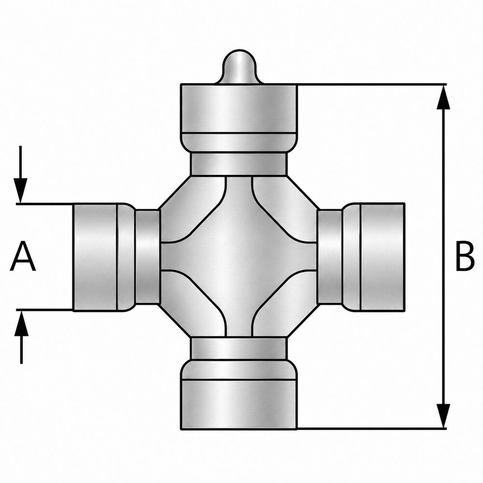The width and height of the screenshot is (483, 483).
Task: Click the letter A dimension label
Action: (x=23, y=256)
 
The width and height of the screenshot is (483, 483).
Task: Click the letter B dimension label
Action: (x=464, y=256)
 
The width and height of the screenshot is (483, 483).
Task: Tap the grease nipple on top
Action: (x=240, y=67)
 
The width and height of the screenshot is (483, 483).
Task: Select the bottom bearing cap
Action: (x=239, y=394)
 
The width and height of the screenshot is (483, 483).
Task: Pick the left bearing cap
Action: (x=104, y=257)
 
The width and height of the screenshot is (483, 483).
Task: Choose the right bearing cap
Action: (x=373, y=257)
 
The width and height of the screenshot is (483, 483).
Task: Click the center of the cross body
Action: (x=239, y=256)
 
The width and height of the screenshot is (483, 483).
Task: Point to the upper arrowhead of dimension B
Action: (x=443, y=97)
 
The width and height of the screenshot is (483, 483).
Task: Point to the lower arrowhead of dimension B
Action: (x=443, y=416)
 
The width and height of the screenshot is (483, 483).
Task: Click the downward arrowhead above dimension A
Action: (x=21, y=190)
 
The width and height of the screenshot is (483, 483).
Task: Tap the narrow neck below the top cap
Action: (x=239, y=164)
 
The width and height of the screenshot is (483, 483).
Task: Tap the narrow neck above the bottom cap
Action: (x=239, y=348)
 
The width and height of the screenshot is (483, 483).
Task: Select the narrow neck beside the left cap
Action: (x=147, y=257)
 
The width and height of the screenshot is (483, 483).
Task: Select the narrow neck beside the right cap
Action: (x=330, y=257)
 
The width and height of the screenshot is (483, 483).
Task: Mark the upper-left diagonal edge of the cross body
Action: (x=175, y=193)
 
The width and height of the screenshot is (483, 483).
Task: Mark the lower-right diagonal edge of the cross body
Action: (x=303, y=320)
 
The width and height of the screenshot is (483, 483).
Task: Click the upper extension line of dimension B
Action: (x=372, y=84)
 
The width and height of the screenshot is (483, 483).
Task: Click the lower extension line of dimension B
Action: (x=371, y=428)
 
